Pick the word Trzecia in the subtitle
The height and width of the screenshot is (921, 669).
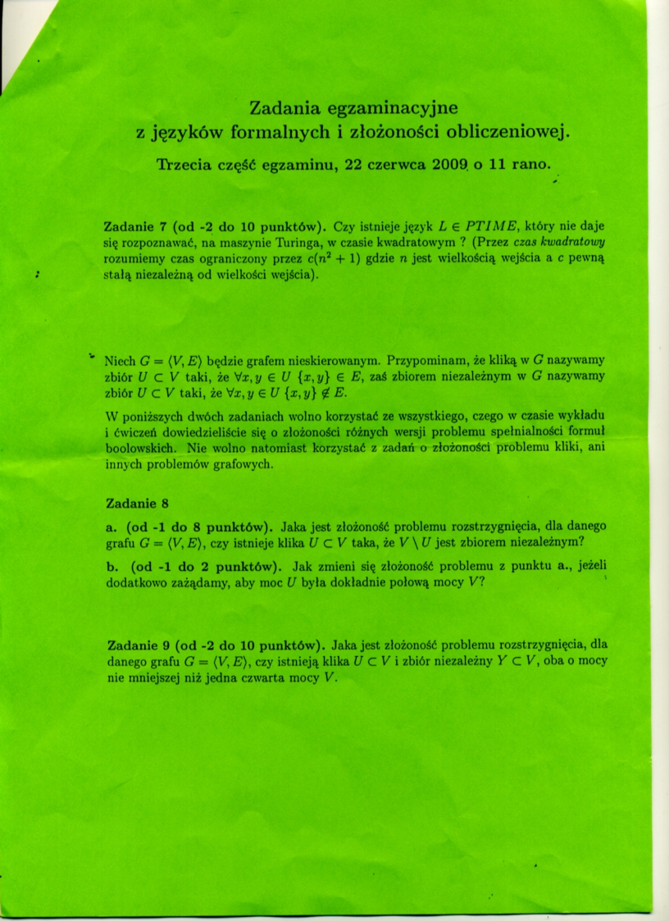[186, 164]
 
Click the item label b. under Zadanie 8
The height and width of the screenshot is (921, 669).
[113, 565]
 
